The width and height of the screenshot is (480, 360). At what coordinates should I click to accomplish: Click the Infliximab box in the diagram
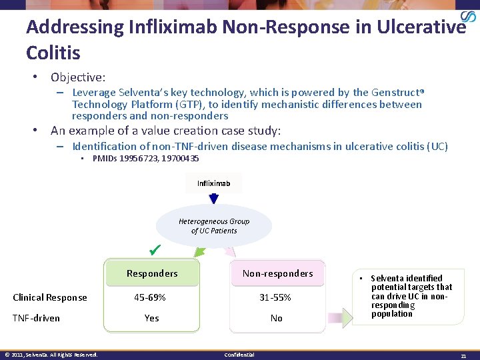pyautogui.click(x=213, y=183)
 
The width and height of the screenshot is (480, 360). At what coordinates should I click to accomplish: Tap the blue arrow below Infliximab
pyautogui.click(x=213, y=199)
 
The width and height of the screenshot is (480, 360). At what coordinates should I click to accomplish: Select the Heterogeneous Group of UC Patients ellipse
pyautogui.click(x=213, y=226)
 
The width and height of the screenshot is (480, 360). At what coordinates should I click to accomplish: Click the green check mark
pyautogui.click(x=155, y=250)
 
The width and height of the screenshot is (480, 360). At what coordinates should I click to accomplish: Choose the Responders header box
pyautogui.click(x=152, y=273)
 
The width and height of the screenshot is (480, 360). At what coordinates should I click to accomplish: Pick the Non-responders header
pyautogui.click(x=277, y=273)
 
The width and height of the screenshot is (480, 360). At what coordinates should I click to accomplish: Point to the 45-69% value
pyautogui.click(x=150, y=297)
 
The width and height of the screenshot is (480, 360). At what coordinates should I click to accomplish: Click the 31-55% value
pyautogui.click(x=275, y=297)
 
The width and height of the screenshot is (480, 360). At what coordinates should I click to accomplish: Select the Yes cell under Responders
pyautogui.click(x=151, y=318)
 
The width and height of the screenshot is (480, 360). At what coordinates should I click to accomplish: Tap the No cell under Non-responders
pyautogui.click(x=276, y=318)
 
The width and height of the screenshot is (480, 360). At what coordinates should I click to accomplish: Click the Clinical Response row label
pyautogui.click(x=50, y=297)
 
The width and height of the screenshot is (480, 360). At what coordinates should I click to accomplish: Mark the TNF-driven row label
pyautogui.click(x=37, y=318)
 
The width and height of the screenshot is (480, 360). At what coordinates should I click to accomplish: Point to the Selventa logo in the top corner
pyautogui.click(x=468, y=18)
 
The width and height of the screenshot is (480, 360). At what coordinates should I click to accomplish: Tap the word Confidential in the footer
pyautogui.click(x=239, y=355)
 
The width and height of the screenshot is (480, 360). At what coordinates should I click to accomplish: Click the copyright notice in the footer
pyautogui.click(x=51, y=355)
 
